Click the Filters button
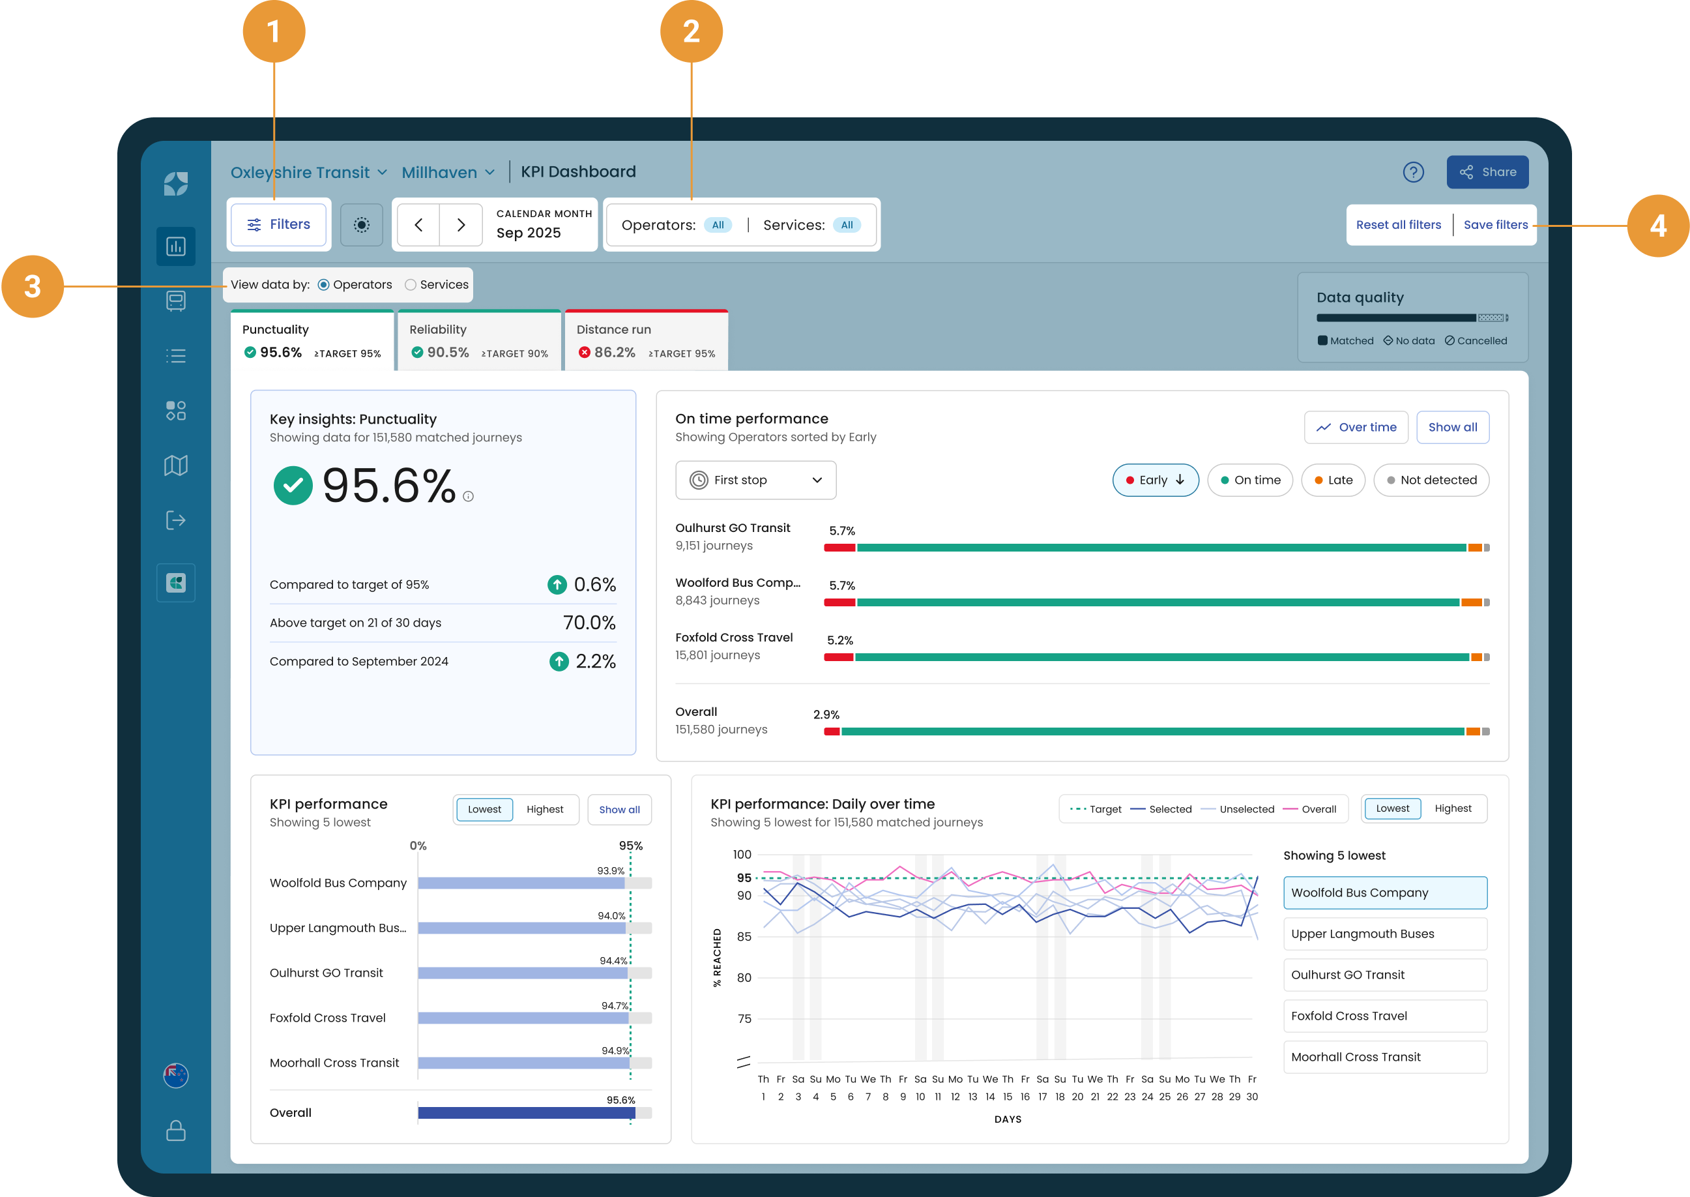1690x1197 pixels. point(278,224)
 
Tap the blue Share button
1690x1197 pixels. point(1487,171)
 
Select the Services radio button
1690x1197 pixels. point(411,284)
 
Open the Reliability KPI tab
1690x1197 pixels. point(480,340)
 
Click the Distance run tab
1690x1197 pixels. point(646,340)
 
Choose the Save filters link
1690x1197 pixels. point(1496,225)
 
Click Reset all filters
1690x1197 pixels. point(1398,225)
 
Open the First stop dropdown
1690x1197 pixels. point(755,480)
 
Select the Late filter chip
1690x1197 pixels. point(1333,480)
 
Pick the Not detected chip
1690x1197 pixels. point(1431,480)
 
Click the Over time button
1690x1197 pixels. point(1356,428)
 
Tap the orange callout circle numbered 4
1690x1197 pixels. point(1657,226)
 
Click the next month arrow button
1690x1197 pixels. point(460,225)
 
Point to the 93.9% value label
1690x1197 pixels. point(611,870)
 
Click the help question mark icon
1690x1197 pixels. point(1413,171)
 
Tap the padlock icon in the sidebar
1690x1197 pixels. point(176,1130)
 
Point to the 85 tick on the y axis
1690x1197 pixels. point(744,937)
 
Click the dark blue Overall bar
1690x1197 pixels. point(526,1113)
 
